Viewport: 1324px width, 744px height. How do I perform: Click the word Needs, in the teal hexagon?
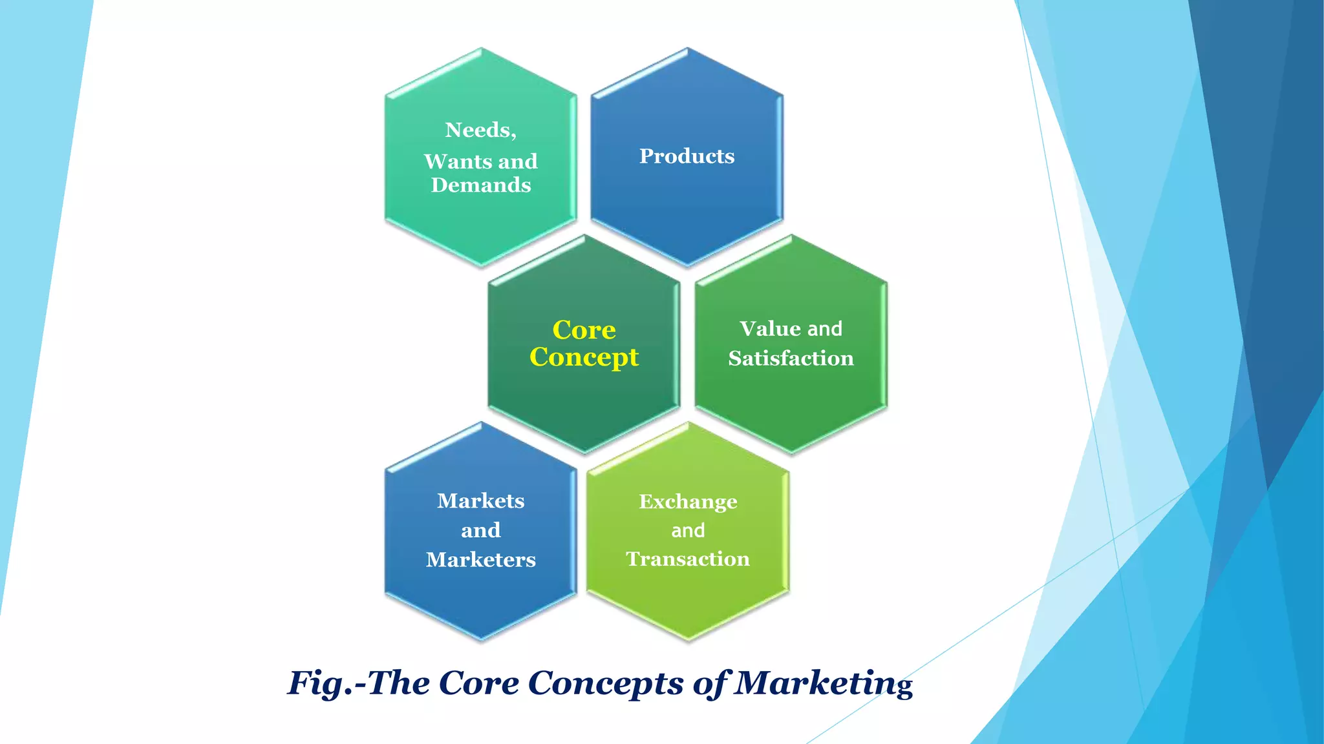[480, 130]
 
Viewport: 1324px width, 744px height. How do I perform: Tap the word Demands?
[481, 185]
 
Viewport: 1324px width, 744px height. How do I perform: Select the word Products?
[687, 156]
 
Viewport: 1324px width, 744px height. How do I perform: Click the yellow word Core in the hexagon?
[584, 330]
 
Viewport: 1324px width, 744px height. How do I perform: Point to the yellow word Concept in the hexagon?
[584, 358]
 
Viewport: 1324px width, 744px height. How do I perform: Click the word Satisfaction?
[791, 358]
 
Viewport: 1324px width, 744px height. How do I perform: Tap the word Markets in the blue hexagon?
[480, 501]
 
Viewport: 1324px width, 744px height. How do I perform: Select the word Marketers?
[480, 559]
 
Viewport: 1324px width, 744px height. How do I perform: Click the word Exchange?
[688, 502]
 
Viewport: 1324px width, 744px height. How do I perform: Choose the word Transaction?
[688, 559]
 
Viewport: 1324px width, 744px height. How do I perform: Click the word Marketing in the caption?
[824, 683]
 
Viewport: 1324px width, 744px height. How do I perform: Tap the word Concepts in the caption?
[606, 683]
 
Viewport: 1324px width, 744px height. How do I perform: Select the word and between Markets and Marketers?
[480, 530]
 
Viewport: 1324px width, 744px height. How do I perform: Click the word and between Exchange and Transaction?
[688, 531]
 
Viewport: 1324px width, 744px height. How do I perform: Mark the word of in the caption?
[710, 683]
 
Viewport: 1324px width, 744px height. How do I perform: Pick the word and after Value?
[825, 329]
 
